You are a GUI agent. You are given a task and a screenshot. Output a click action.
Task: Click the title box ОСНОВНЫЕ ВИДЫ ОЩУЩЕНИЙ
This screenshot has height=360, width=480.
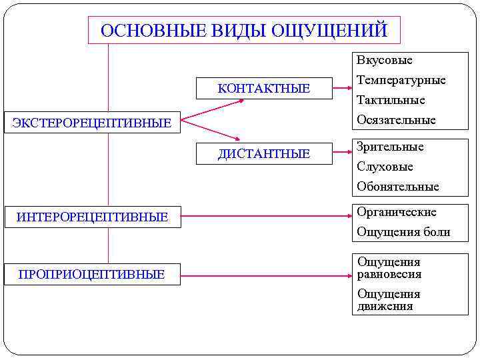244,31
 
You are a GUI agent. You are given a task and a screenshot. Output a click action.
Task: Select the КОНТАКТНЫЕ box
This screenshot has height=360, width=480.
264,89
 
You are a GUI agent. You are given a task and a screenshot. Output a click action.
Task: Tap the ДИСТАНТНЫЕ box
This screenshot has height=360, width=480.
264,154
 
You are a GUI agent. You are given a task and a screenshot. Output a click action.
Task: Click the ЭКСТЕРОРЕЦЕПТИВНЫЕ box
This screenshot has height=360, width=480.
92,123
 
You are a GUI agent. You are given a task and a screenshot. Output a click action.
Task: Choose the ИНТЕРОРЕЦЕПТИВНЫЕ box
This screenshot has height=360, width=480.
92,217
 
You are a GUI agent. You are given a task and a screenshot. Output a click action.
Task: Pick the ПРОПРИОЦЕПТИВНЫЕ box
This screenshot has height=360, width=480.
92,274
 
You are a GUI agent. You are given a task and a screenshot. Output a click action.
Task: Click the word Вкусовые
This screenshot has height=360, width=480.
385,61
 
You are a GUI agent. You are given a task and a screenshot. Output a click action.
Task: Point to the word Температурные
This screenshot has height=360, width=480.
401,81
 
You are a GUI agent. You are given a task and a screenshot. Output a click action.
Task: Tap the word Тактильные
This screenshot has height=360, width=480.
391,101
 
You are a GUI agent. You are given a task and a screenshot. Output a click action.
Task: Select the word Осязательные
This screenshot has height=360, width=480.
396,120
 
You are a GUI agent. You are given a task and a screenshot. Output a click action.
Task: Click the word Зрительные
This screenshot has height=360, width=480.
390,147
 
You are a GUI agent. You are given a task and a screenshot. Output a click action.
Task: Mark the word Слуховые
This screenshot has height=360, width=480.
385,167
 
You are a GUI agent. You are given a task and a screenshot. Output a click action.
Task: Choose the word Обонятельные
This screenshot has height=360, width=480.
398,187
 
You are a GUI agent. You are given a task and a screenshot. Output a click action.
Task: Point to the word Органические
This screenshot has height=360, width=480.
397,212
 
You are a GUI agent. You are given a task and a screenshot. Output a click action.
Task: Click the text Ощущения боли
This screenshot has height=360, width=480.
403,232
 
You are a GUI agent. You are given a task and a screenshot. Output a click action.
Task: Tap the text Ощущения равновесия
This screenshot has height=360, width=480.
389,268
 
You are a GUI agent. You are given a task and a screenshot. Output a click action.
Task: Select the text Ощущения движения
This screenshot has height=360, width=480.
389,300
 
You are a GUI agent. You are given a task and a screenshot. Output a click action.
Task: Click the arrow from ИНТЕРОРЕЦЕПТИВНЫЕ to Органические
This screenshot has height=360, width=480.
267,216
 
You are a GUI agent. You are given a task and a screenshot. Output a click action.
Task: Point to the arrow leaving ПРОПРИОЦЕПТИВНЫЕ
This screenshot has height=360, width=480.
267,273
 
